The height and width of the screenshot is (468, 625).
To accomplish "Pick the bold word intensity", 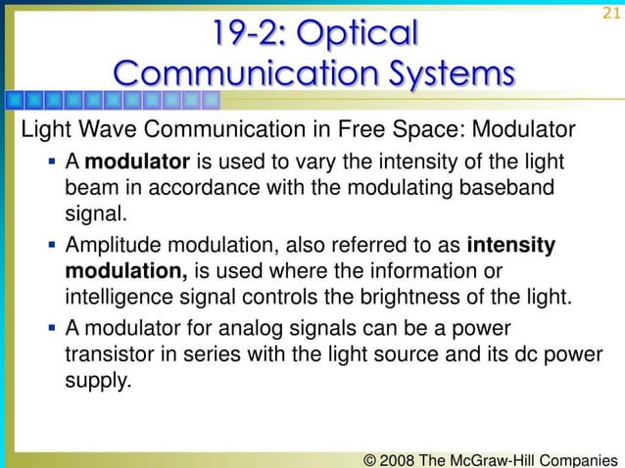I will pos(512,245).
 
